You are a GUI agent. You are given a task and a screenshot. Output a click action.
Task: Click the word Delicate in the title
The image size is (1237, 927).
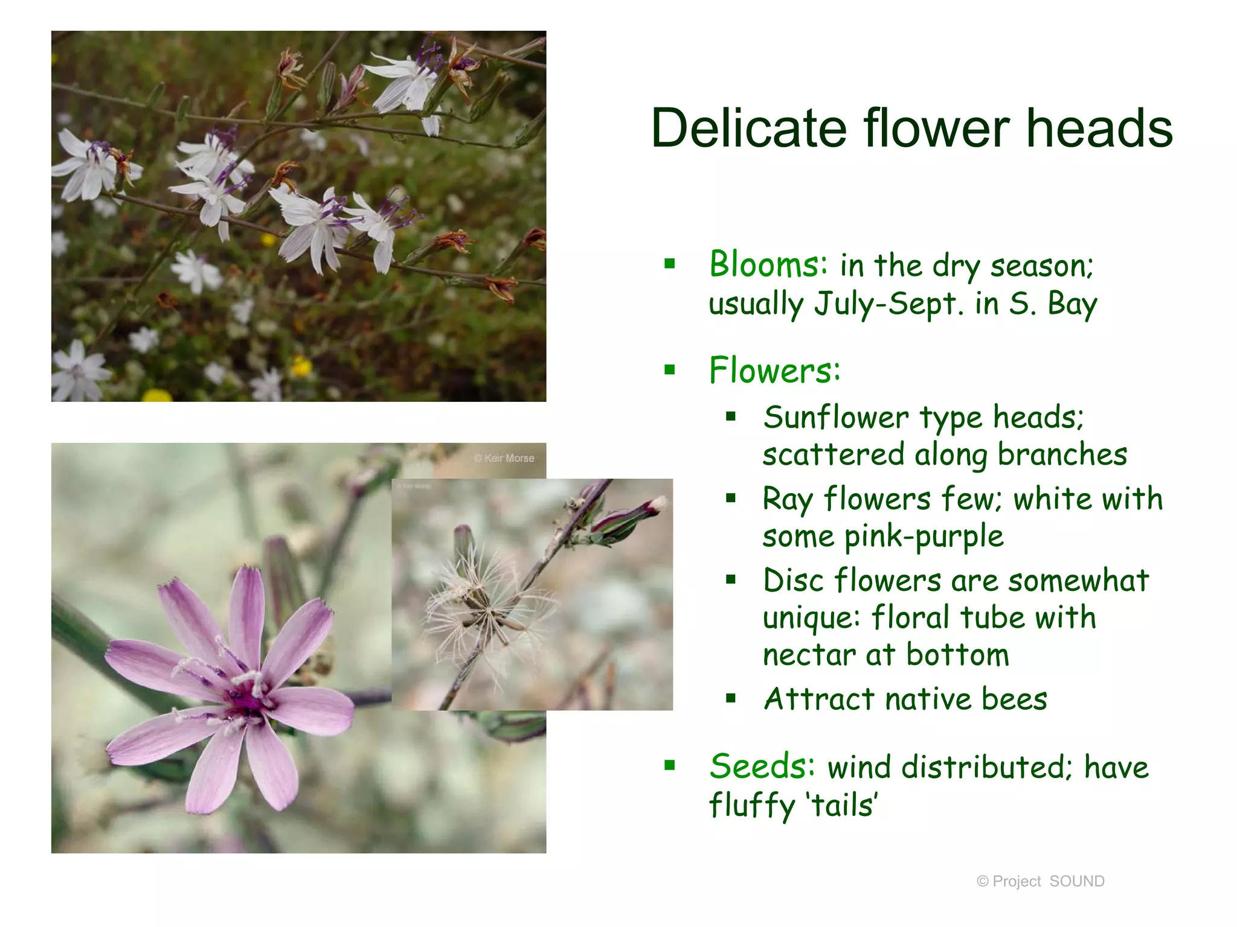749,128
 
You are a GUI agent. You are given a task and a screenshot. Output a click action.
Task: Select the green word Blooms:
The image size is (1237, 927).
768,265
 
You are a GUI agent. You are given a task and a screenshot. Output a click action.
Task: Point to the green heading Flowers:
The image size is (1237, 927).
774,371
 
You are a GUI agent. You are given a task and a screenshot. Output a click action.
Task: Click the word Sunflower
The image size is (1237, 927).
835,418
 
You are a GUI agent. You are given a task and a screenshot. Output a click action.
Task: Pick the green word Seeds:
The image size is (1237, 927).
762,766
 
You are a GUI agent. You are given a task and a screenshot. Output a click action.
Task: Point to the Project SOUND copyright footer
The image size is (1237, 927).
1040,881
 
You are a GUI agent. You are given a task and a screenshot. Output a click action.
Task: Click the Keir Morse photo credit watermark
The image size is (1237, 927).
504,458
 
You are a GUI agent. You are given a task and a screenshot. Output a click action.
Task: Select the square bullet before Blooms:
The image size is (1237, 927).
669,264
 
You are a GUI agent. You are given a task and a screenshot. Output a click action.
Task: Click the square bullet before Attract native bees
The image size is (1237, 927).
731,699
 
